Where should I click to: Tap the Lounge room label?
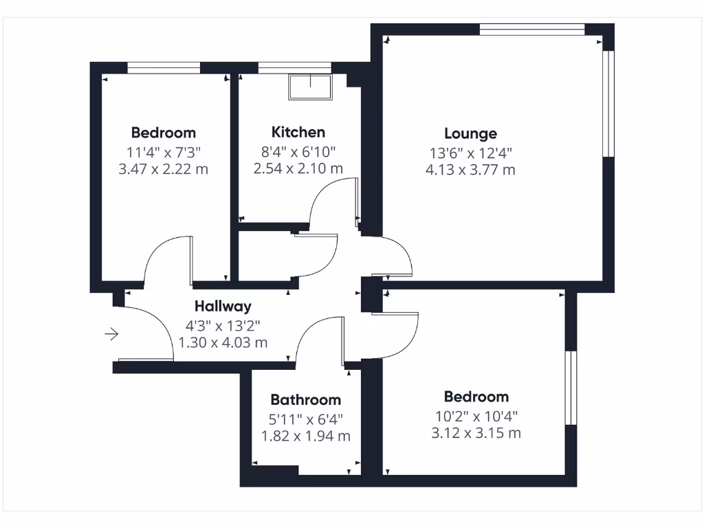(x=470, y=133)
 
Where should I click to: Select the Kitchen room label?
(x=298, y=132)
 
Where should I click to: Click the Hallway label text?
(x=223, y=307)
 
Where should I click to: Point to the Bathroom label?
(x=305, y=399)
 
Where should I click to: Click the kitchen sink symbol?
(x=310, y=87)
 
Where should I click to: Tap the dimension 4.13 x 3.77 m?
(x=470, y=170)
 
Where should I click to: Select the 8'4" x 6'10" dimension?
(x=298, y=151)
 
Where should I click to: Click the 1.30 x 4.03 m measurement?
(x=223, y=342)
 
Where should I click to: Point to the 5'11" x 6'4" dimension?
(x=305, y=418)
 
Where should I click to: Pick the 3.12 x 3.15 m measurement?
(x=476, y=433)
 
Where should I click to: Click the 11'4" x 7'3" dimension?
(x=164, y=151)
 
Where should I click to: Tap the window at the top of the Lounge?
(x=531, y=29)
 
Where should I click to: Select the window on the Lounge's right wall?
(x=608, y=104)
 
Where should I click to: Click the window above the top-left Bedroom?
(x=164, y=67)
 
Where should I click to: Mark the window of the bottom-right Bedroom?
(x=570, y=388)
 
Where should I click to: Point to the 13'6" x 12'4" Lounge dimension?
(x=470, y=152)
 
